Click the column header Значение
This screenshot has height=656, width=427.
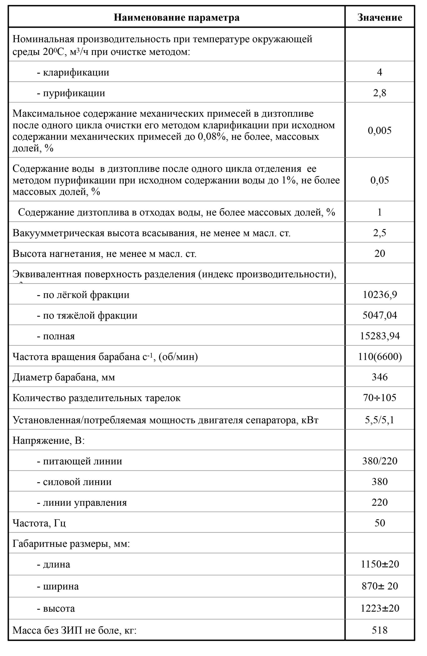point(379,18)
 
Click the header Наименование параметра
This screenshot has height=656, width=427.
point(176,18)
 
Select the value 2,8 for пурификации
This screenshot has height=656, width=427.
point(379,93)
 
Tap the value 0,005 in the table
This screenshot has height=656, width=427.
point(379,130)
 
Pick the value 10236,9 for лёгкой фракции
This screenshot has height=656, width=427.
point(379,295)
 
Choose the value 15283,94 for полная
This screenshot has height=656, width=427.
point(379,336)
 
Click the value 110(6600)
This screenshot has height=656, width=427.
point(379,356)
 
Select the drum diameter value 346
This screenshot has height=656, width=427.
point(379,377)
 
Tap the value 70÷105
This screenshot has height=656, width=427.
point(379,397)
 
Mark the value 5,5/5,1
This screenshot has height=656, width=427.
point(379,420)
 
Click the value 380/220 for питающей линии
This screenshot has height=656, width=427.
point(379,461)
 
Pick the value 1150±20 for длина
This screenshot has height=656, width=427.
point(379,564)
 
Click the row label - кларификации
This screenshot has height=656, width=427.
point(73,73)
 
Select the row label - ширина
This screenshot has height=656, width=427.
point(58,586)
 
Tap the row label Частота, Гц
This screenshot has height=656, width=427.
point(39,523)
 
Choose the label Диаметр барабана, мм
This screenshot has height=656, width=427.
point(64,377)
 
